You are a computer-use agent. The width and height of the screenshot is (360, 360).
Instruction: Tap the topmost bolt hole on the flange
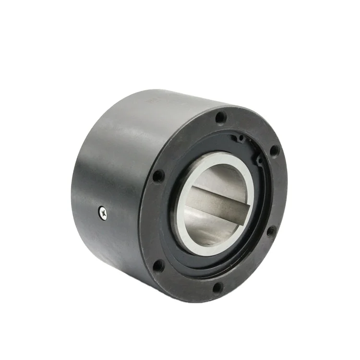[x=220, y=117]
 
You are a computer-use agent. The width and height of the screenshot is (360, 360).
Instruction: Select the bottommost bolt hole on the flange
[x=217, y=288]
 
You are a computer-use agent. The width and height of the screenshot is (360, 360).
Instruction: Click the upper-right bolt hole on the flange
[x=274, y=150]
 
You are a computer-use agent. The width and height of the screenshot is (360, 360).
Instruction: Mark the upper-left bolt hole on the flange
[x=158, y=176]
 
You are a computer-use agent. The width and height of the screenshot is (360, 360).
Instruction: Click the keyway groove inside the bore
[x=216, y=202]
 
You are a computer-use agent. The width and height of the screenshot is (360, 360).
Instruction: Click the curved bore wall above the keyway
[x=221, y=178]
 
